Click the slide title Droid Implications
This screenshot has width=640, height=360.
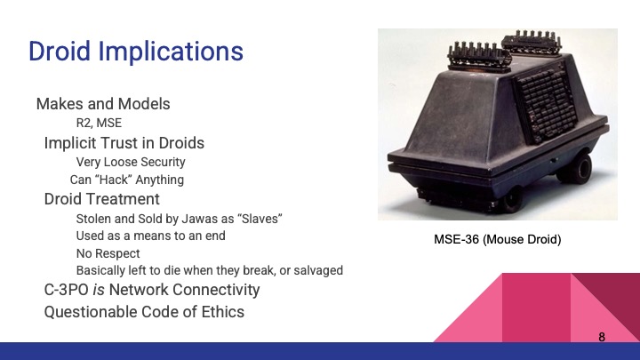click(x=135, y=51)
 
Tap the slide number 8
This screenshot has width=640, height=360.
click(x=602, y=337)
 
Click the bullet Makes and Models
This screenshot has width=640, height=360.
click(x=103, y=104)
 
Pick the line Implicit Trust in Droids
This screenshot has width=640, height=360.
click(x=124, y=142)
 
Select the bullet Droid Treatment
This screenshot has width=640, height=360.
click(x=102, y=198)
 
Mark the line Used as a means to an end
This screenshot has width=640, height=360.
click(x=151, y=236)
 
